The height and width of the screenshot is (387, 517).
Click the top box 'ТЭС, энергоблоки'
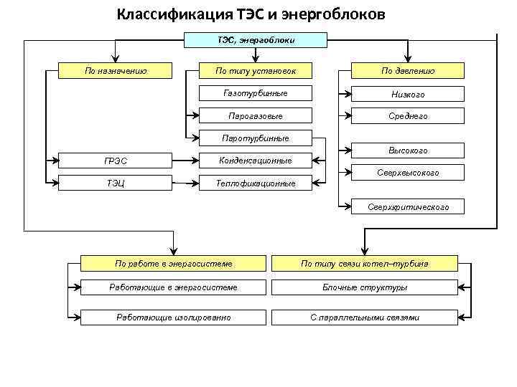pos(256,41)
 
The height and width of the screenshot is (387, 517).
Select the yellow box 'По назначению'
pos(116,70)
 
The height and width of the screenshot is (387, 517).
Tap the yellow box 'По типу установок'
pos(256,70)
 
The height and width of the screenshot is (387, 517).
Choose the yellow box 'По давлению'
pos(408,70)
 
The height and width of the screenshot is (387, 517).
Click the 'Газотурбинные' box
pos(256,93)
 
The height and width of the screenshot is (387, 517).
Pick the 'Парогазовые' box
pos(256,115)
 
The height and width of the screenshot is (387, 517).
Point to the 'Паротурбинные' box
pos(256,138)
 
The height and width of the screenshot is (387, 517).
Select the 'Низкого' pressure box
pos(408,94)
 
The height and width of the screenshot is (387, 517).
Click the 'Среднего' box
pos(408,115)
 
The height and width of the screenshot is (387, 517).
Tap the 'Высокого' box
pos(408,150)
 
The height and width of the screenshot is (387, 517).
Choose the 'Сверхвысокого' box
pos(408,173)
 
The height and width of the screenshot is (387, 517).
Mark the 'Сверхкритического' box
pos(408,206)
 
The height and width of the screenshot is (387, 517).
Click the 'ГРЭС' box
pos(116,161)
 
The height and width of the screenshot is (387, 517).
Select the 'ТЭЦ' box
pos(116,183)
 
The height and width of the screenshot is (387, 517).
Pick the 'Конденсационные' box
pos(256,161)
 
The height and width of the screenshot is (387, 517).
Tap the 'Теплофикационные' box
pos(256,183)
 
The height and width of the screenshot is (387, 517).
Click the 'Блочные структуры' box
pos(365,287)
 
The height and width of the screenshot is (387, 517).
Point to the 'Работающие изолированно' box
pos(174,317)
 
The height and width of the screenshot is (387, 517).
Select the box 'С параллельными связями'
pos(365,317)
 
